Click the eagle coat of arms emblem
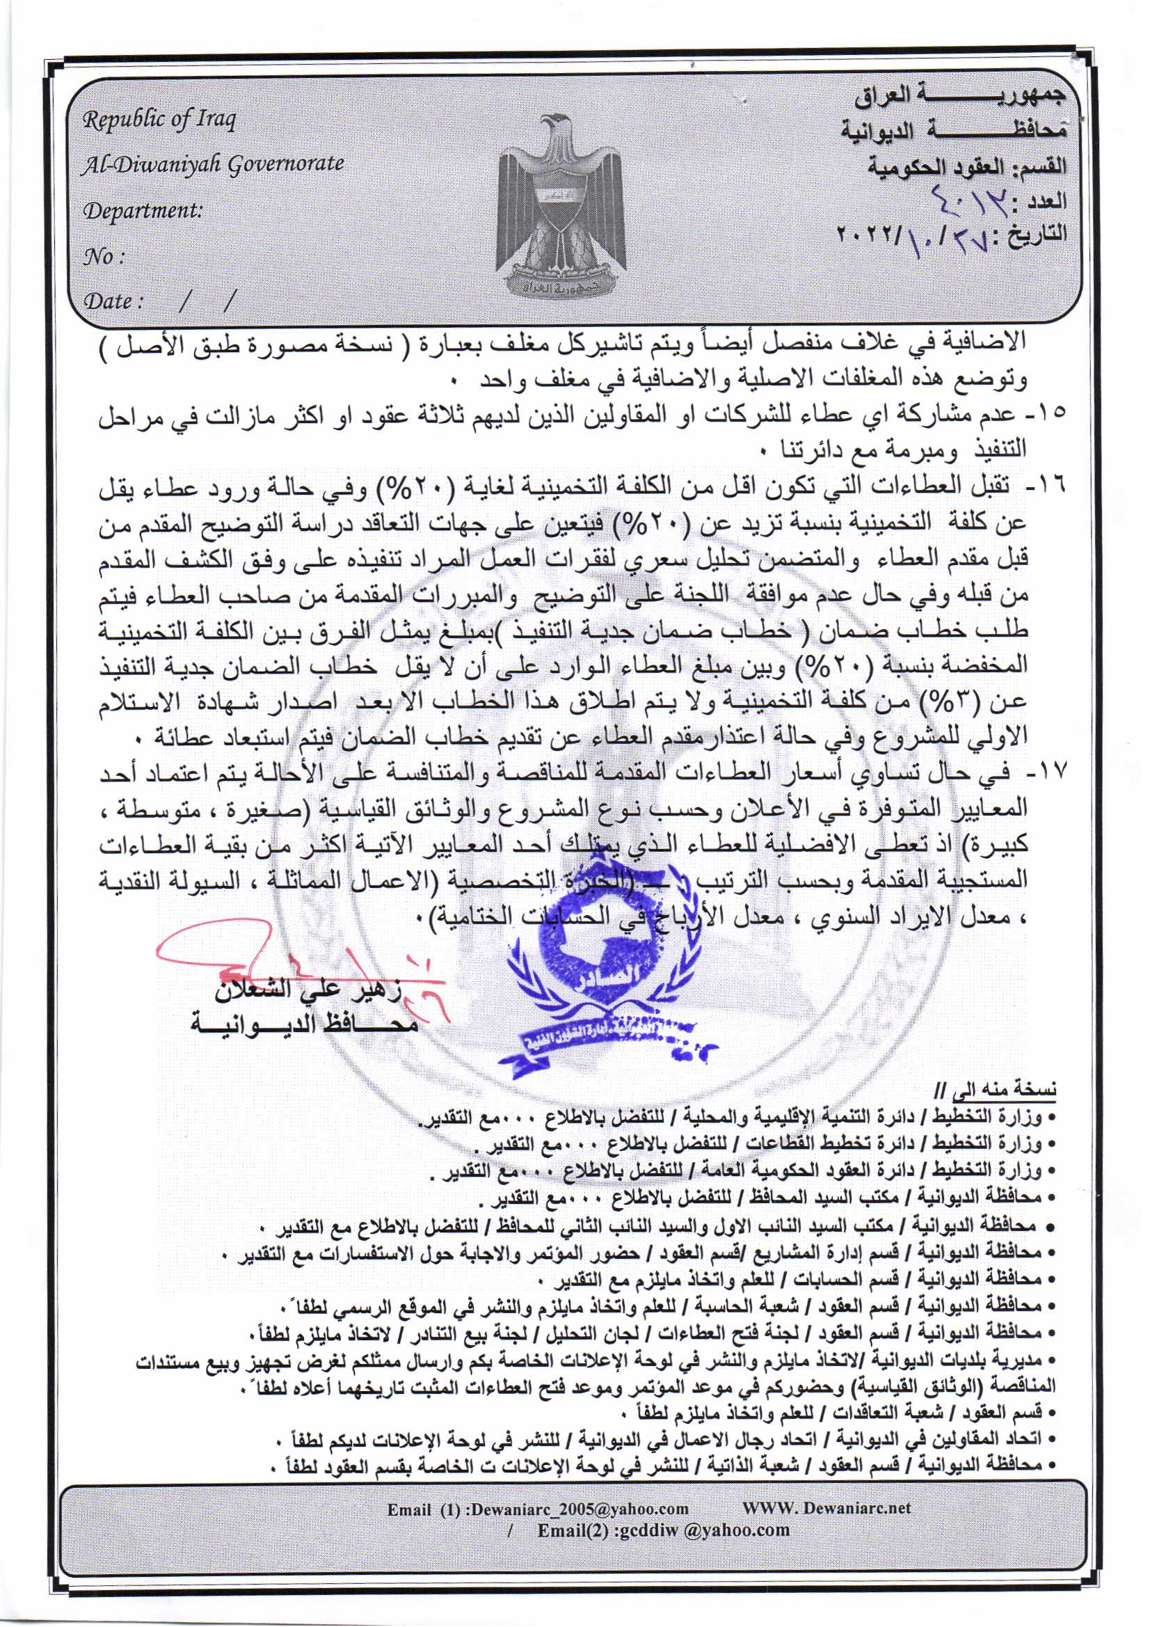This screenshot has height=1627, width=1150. (x=562, y=203)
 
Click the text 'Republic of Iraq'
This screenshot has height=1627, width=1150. (x=159, y=120)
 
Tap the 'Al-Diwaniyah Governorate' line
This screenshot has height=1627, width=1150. (x=214, y=164)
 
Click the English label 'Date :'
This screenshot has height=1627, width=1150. (x=113, y=301)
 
